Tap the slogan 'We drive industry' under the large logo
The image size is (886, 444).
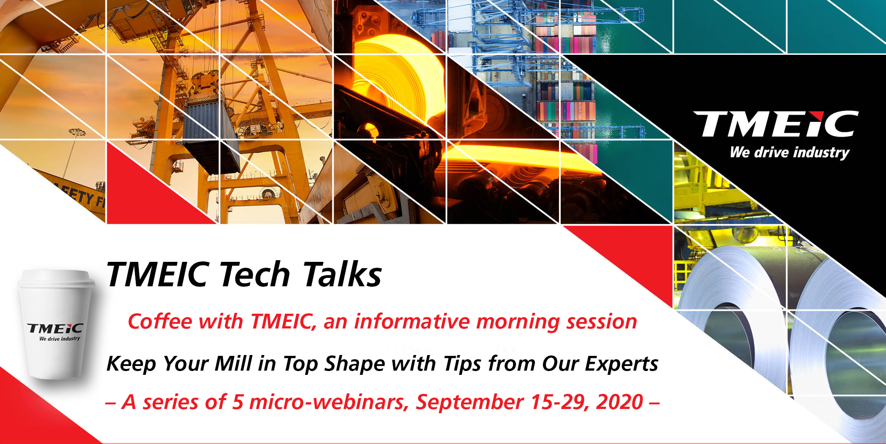tap(789, 153)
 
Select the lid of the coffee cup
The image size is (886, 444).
tap(57, 278)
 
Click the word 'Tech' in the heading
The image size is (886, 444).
tap(254, 274)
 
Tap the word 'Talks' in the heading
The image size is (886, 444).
tap(342, 274)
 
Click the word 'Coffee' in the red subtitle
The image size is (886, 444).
tap(160, 321)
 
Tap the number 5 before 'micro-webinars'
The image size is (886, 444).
tap(238, 402)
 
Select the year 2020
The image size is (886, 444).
tap(619, 402)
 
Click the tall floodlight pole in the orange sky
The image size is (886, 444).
tap(72, 152)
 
